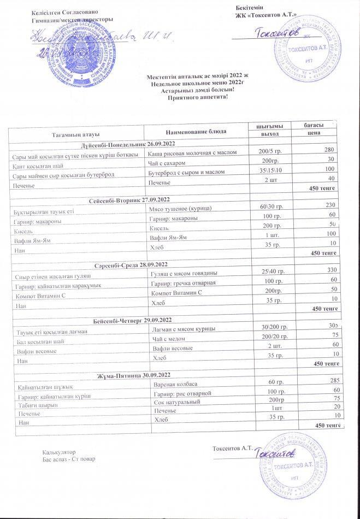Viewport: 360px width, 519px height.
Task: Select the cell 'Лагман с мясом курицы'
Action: click(182, 328)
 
